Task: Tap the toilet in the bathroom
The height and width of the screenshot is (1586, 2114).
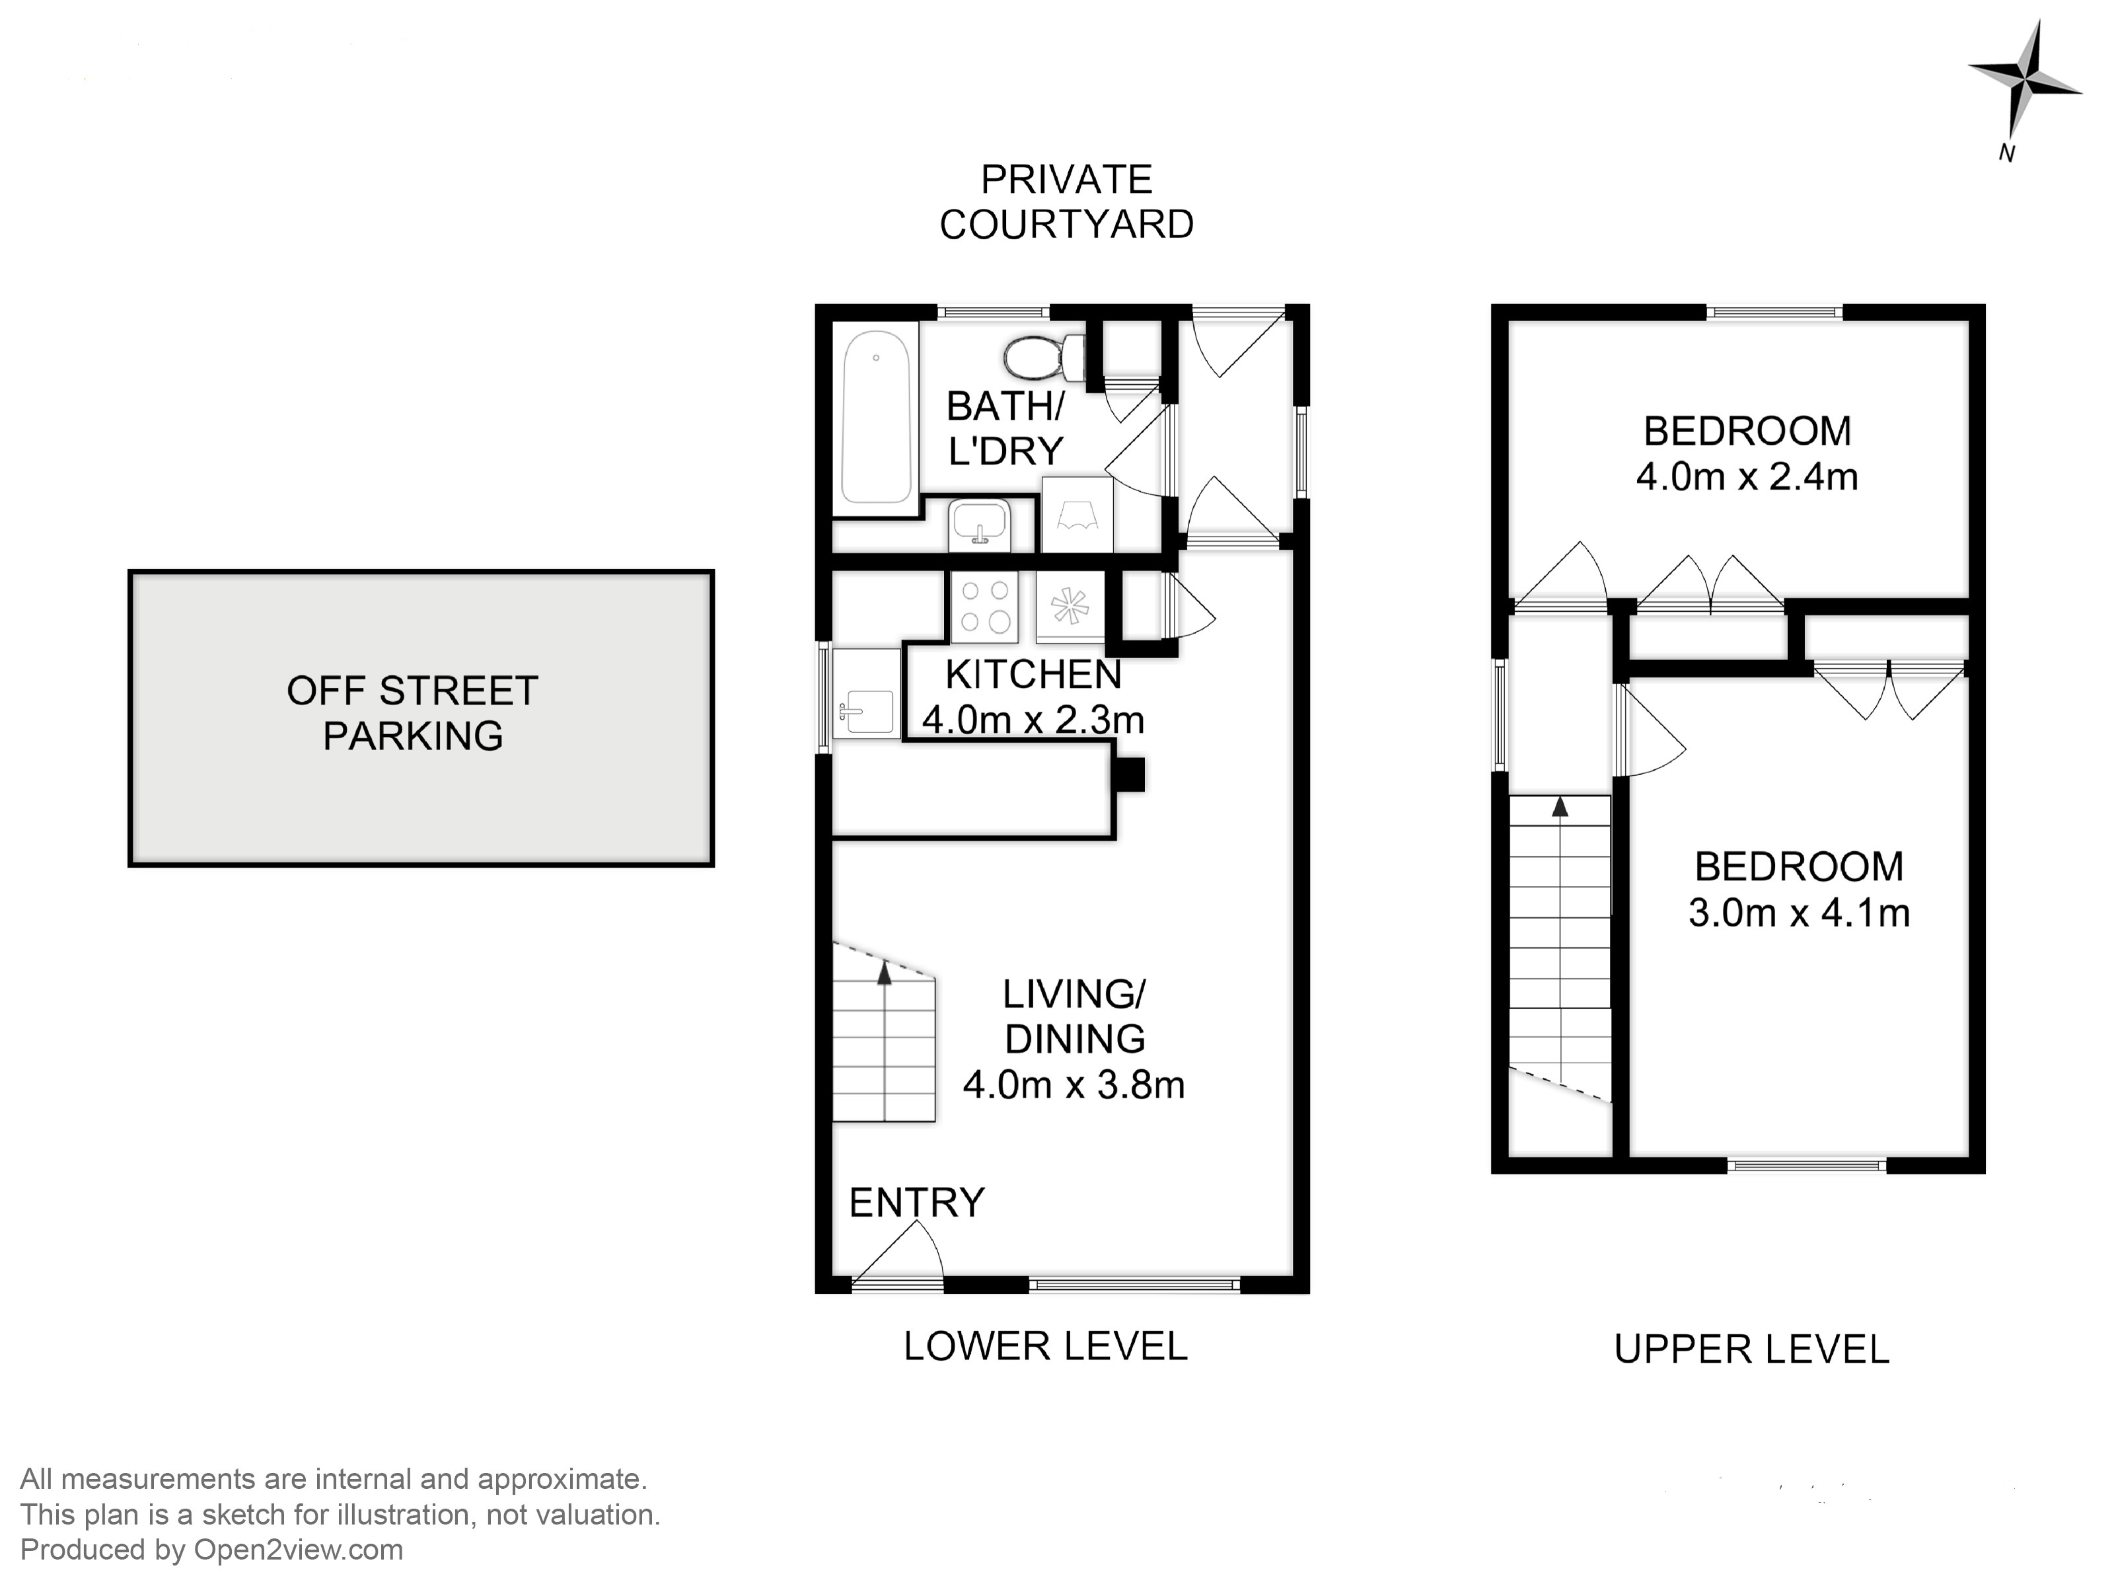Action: point(1044,358)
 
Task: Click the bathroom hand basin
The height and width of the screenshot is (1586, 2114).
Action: point(978,525)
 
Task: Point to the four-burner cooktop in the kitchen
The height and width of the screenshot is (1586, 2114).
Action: point(984,606)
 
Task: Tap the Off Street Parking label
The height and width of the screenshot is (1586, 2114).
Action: point(413,713)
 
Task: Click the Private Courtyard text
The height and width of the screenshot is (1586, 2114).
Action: point(1066,202)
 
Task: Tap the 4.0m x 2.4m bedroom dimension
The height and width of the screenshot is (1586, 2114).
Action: point(1747,476)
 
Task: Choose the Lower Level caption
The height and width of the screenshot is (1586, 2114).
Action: point(1046,1346)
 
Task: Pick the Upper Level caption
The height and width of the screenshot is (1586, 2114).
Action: point(1752,1349)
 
